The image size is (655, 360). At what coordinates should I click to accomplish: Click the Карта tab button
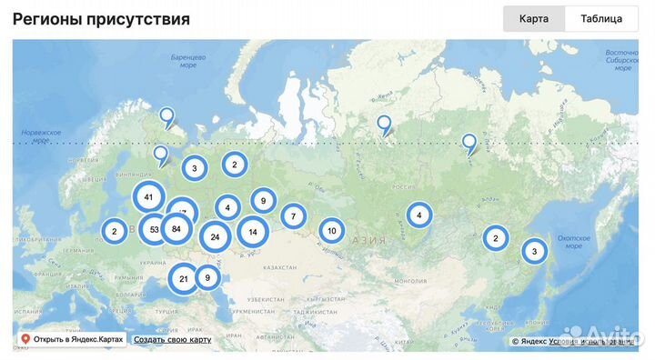click(534, 19)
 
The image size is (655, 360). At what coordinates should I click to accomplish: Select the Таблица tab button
click(601, 19)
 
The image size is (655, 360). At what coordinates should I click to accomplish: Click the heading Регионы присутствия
click(101, 19)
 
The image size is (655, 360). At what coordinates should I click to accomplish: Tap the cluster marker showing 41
click(148, 196)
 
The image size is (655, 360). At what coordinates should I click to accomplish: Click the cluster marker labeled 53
click(154, 229)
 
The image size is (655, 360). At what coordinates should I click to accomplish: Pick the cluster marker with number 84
click(176, 229)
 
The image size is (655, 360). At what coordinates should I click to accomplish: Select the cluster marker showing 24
click(215, 237)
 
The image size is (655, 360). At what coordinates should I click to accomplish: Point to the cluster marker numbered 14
click(253, 232)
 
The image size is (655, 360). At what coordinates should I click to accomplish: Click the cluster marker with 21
click(184, 278)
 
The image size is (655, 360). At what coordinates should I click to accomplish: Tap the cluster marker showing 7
click(293, 216)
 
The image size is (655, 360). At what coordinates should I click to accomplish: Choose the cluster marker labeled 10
click(331, 231)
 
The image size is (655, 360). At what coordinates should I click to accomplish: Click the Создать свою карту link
click(172, 339)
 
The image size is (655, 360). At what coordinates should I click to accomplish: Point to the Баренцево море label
click(188, 61)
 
